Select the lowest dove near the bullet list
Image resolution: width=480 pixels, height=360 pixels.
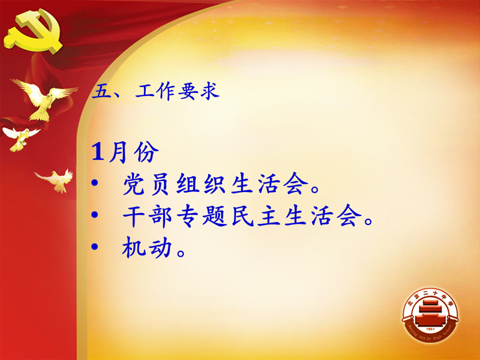pos(56,181)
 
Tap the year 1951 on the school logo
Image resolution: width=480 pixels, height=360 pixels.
pos(430,329)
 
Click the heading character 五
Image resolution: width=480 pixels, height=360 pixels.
pos(101,91)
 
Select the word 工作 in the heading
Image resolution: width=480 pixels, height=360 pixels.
pos(155,91)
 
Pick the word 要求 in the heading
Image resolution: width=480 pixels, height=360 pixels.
pos(199,91)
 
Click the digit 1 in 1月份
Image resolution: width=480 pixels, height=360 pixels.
pos(98,152)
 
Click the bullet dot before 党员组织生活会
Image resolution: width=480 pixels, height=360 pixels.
pos(95,183)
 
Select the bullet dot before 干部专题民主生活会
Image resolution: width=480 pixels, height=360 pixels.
pos(95,215)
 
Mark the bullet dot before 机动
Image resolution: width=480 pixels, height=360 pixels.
pos(95,246)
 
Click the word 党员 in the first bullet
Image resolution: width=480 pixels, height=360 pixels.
pos(146,184)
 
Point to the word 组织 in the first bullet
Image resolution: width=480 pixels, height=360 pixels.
pos(201,184)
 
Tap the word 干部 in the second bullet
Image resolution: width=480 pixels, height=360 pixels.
pos(147,216)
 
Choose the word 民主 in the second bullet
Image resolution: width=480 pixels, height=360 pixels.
pos(256,216)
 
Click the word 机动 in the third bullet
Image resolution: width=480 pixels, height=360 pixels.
pos(146,247)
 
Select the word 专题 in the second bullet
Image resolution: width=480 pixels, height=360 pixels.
pos(202,216)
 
